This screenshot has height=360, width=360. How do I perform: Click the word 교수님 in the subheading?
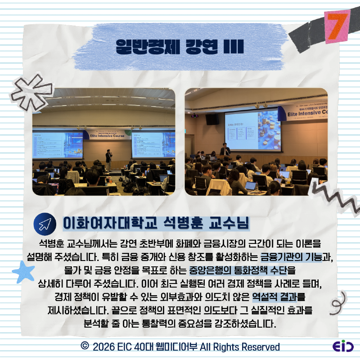click(230, 222)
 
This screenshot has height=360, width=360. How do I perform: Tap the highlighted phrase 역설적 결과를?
click(279, 297)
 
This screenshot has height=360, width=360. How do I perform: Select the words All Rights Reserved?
click(239, 346)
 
